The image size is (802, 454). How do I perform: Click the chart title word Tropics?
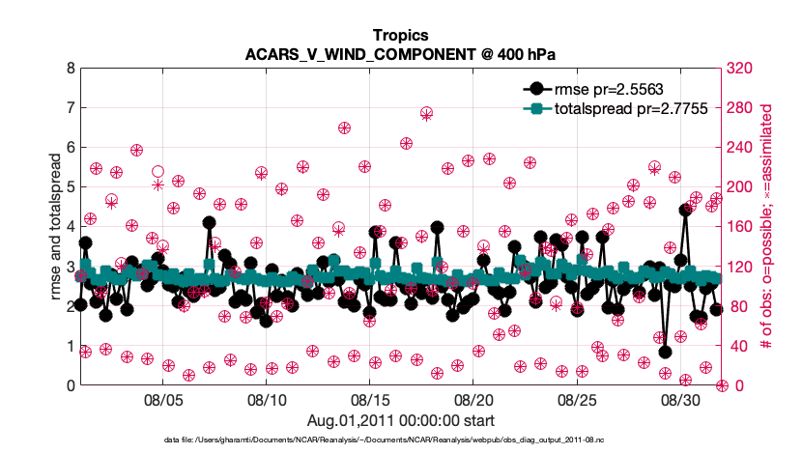click(x=401, y=34)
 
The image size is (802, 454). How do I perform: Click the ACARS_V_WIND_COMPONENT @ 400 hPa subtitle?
click(x=401, y=52)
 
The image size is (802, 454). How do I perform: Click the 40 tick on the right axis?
click(x=739, y=346)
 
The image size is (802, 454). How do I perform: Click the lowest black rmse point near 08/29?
click(x=665, y=352)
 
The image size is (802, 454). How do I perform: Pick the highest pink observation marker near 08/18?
click(x=426, y=113)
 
